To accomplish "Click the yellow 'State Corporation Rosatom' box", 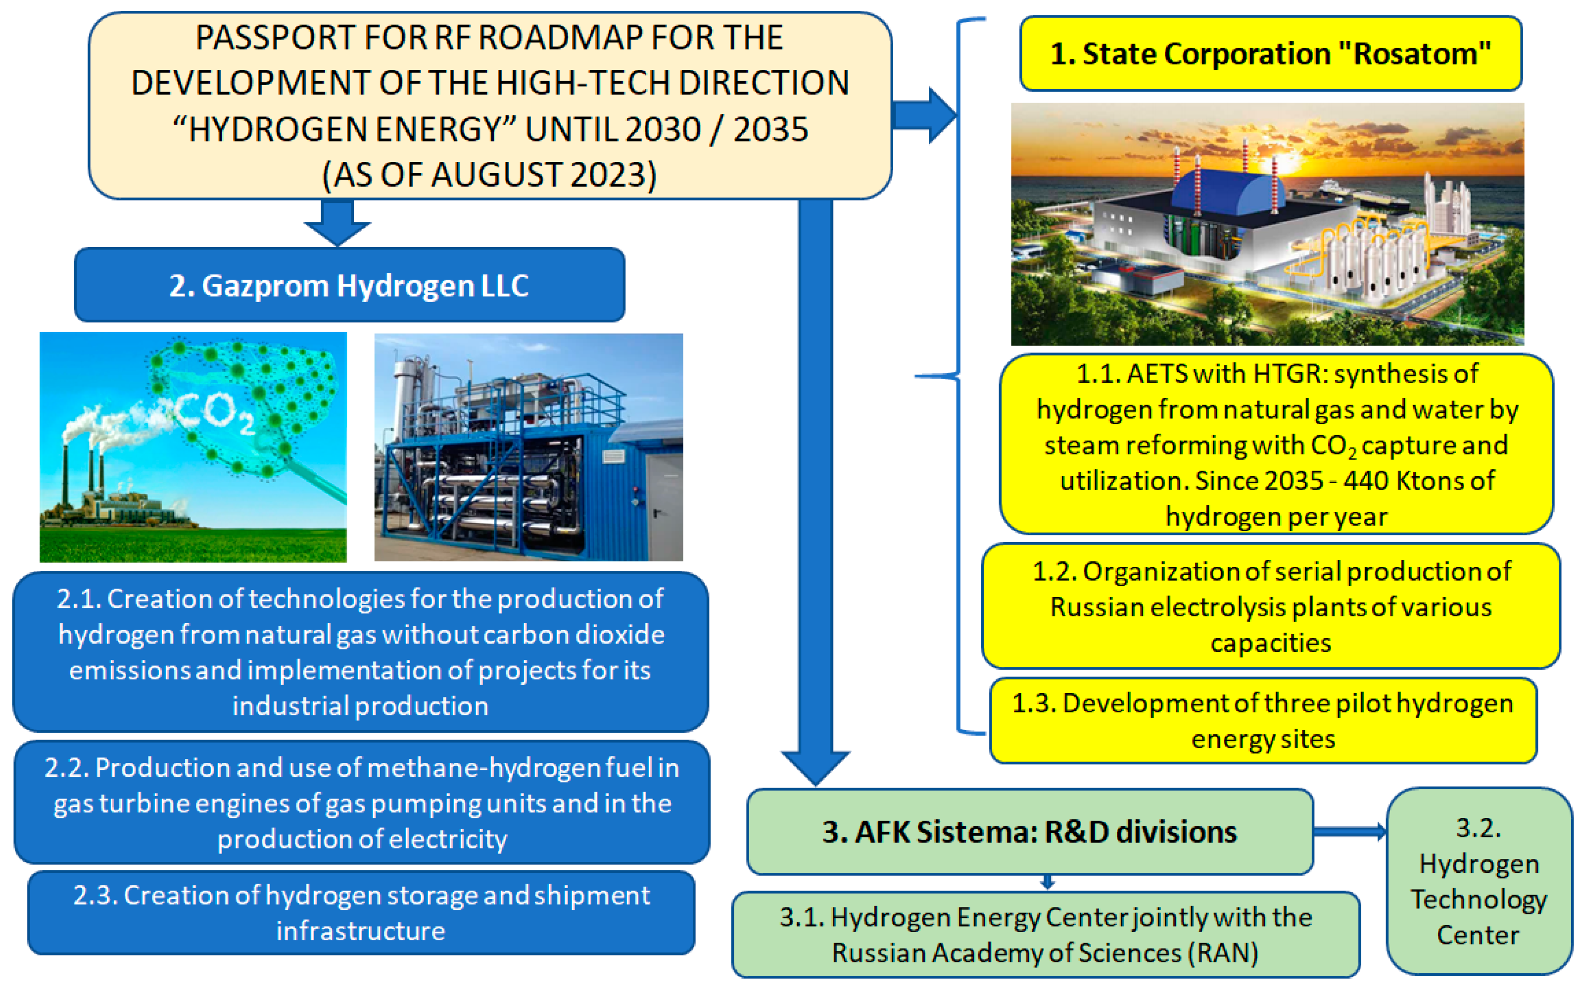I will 1270,54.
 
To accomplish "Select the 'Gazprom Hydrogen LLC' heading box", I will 349,285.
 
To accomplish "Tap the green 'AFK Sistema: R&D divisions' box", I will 1029,832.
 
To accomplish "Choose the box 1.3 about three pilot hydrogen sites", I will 1262,721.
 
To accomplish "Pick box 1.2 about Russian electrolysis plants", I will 1270,606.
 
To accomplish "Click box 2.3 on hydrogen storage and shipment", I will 361,912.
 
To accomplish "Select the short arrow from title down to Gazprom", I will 337,223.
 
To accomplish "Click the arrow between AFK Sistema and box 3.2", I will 1349,832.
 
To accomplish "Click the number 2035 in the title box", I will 770,129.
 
